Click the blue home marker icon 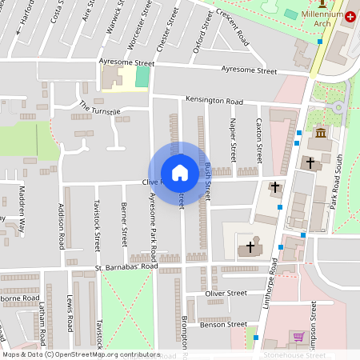click(179, 173)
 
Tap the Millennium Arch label click(322, 19)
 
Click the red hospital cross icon click(350, 16)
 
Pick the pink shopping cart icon click(298, 337)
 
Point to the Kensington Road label click(214, 102)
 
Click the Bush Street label click(207, 181)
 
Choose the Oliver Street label click(226, 294)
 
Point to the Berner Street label click(124, 224)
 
